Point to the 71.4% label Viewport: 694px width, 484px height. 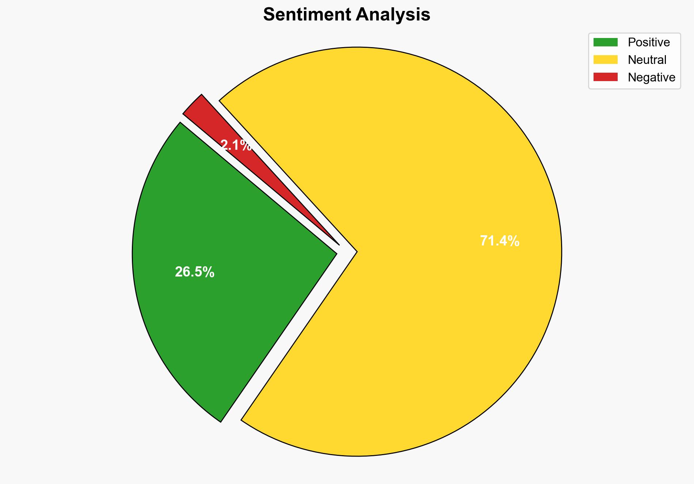coord(499,241)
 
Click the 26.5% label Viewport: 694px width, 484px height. coord(194,272)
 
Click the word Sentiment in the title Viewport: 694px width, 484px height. coord(307,15)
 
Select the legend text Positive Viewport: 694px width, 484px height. coord(649,42)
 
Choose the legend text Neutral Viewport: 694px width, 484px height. coord(647,60)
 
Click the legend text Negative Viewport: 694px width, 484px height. coord(651,77)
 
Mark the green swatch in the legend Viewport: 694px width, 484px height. coord(605,42)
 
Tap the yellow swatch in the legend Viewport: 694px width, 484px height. coord(605,60)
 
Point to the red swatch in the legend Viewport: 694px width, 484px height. coord(605,77)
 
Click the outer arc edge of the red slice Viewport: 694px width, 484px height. coord(192,104)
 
